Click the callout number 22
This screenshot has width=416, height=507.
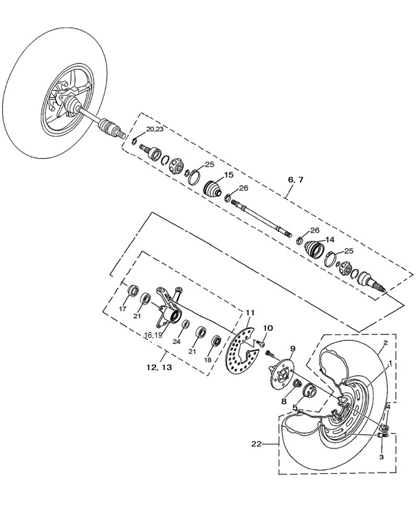256,444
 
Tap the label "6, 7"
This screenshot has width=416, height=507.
295,180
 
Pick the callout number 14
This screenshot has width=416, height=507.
329,239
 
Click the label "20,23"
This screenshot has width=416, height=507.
155,129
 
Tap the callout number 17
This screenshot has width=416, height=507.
123,309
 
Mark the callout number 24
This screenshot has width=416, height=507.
177,341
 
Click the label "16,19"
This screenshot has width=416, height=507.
153,335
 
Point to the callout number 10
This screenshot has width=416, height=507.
268,327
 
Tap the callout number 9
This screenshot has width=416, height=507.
292,348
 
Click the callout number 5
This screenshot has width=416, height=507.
296,407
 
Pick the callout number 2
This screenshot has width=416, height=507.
386,342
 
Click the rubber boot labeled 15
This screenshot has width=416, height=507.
215,191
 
